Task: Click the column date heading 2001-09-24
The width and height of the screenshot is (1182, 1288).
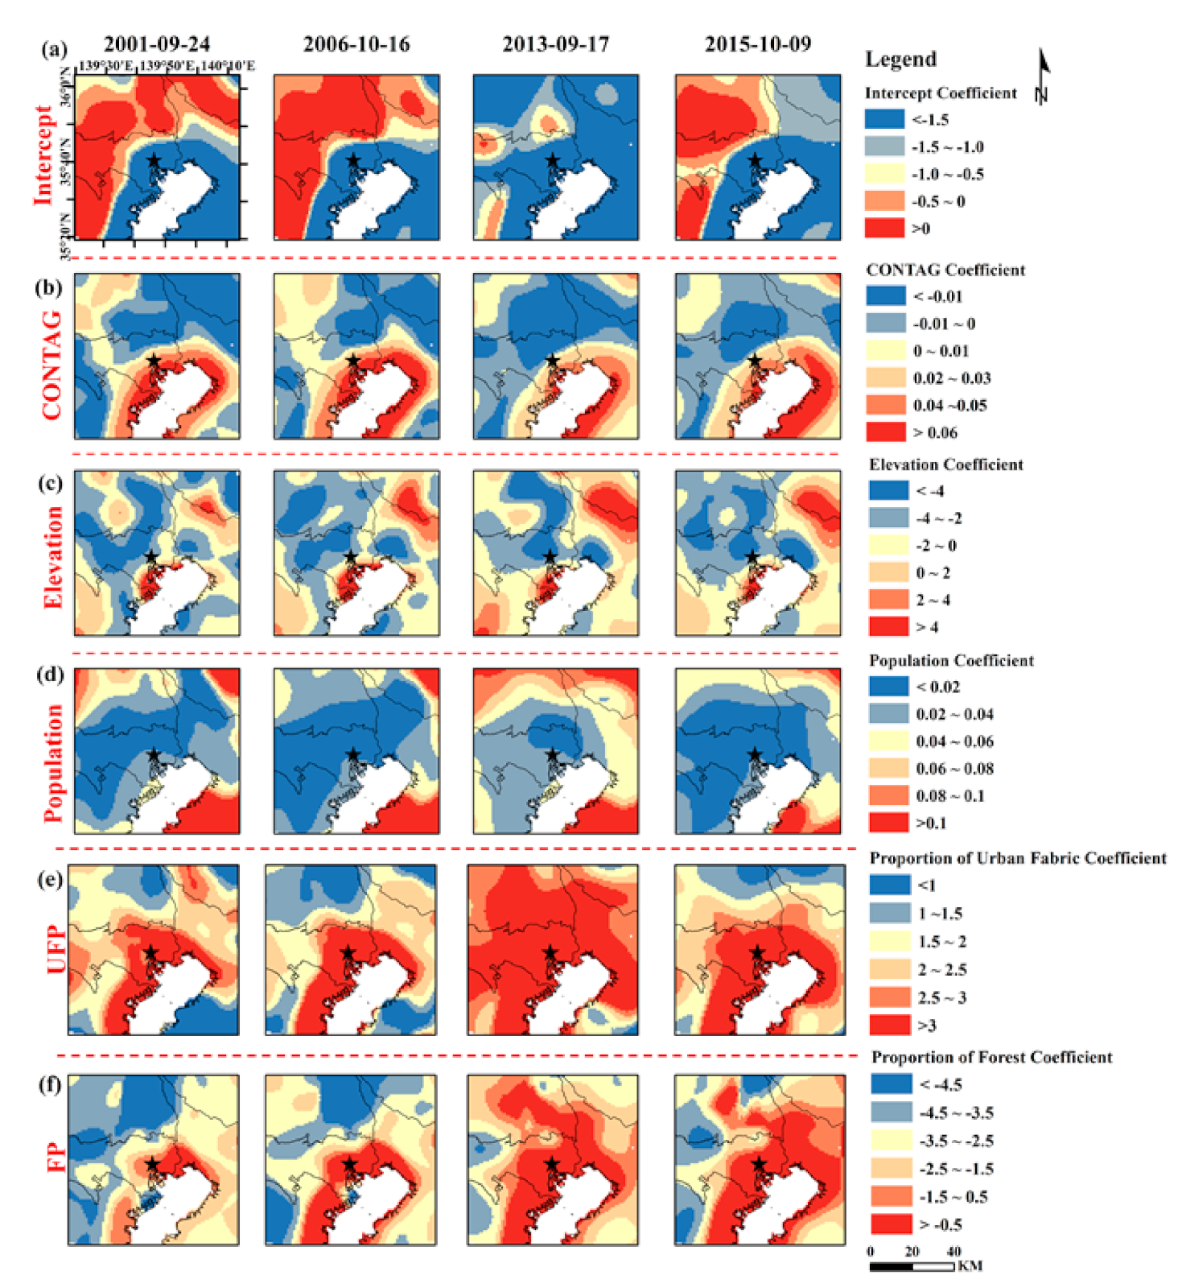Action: coord(156,44)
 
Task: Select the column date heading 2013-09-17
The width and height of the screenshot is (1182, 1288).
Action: coord(555,44)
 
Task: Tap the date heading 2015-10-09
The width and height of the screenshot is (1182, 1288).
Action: coord(757,44)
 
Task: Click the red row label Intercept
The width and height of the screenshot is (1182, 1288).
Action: coord(43,155)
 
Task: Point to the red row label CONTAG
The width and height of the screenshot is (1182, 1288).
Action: coord(51,365)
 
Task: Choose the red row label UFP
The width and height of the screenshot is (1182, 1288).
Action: coord(56,950)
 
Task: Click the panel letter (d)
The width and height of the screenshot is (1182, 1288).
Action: coord(51,674)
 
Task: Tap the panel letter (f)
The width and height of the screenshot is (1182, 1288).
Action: coord(50,1084)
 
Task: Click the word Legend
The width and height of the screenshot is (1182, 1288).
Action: coord(900,60)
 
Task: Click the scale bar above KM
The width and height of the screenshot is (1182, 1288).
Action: coord(912,1266)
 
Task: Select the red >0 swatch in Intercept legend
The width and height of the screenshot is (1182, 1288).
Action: coord(884,229)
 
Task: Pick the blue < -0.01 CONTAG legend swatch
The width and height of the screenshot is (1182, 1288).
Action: coord(885,296)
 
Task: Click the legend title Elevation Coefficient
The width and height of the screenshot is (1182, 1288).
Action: coord(945,464)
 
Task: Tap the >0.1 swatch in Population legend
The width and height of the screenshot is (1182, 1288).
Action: coord(888,823)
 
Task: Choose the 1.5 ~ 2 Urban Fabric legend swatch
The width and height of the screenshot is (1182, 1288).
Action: coord(889,941)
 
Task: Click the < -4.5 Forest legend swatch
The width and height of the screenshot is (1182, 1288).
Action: coord(891,1084)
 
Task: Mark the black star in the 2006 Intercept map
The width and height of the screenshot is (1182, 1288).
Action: coord(352,161)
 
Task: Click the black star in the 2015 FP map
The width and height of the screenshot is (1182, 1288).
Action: coord(759,1164)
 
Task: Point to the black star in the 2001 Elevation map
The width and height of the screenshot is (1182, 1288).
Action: coord(150,556)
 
